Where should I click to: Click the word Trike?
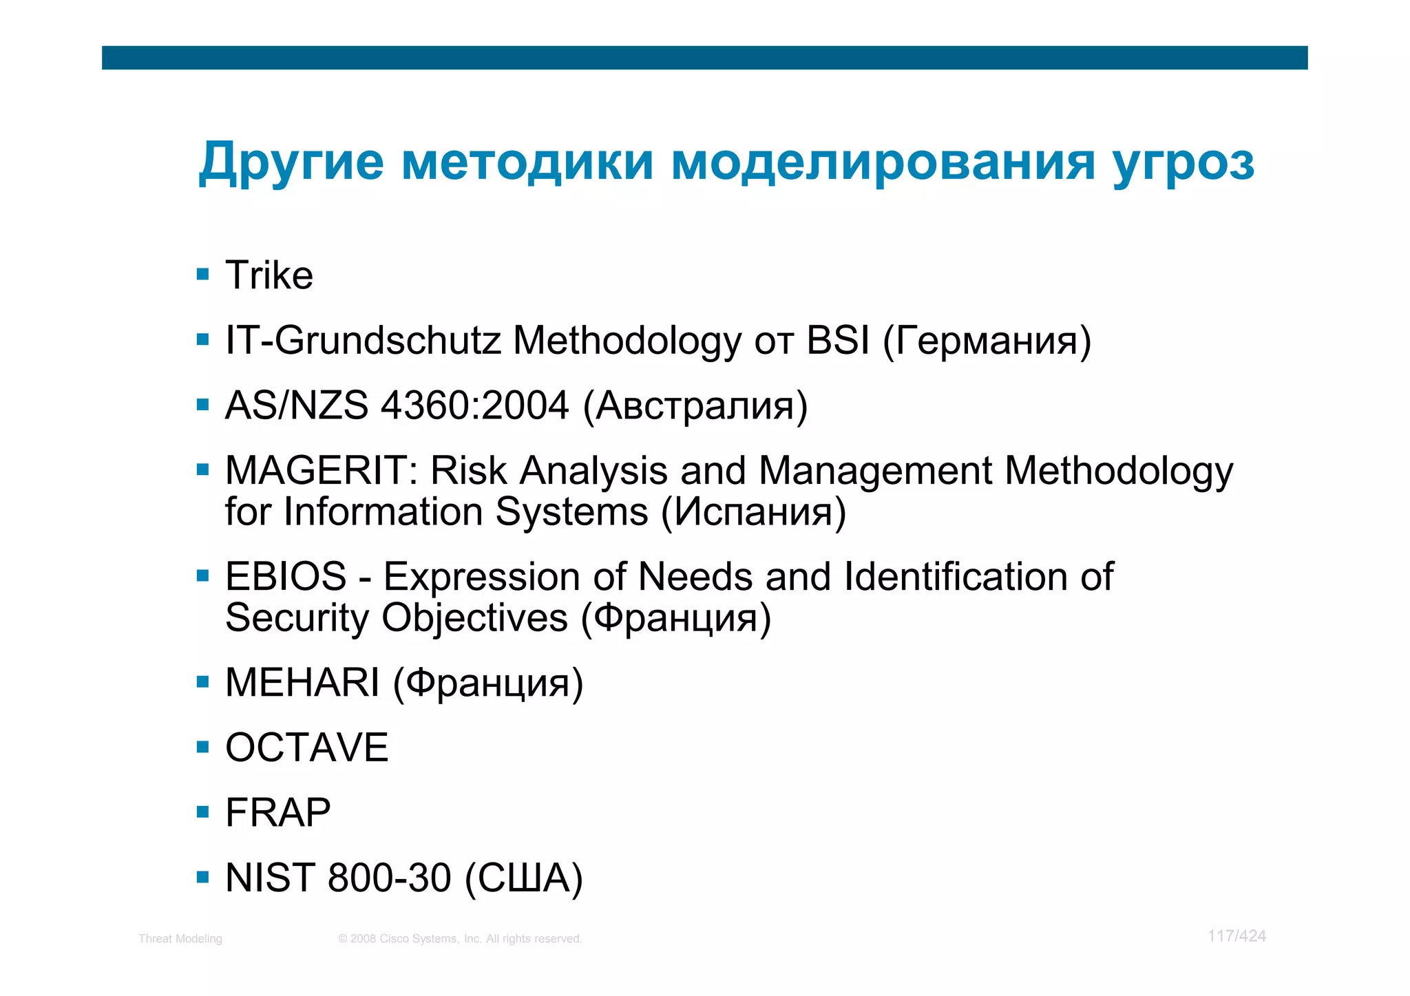click(x=269, y=275)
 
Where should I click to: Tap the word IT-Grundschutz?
click(x=363, y=340)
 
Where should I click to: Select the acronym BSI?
click(x=838, y=340)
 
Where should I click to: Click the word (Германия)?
click(x=987, y=341)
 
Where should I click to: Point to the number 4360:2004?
click(x=475, y=405)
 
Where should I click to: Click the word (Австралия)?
click(x=695, y=406)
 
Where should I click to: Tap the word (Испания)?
click(x=753, y=512)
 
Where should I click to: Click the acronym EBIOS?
click(x=286, y=576)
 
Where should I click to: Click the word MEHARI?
click(x=302, y=683)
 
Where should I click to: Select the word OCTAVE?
click(x=307, y=748)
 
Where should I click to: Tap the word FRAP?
click(x=278, y=812)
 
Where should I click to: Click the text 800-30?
click(x=389, y=878)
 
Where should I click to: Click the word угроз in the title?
click(x=1183, y=164)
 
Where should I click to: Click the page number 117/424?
click(x=1237, y=936)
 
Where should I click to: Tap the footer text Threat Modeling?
click(x=180, y=939)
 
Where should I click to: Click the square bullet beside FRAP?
click(x=202, y=812)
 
